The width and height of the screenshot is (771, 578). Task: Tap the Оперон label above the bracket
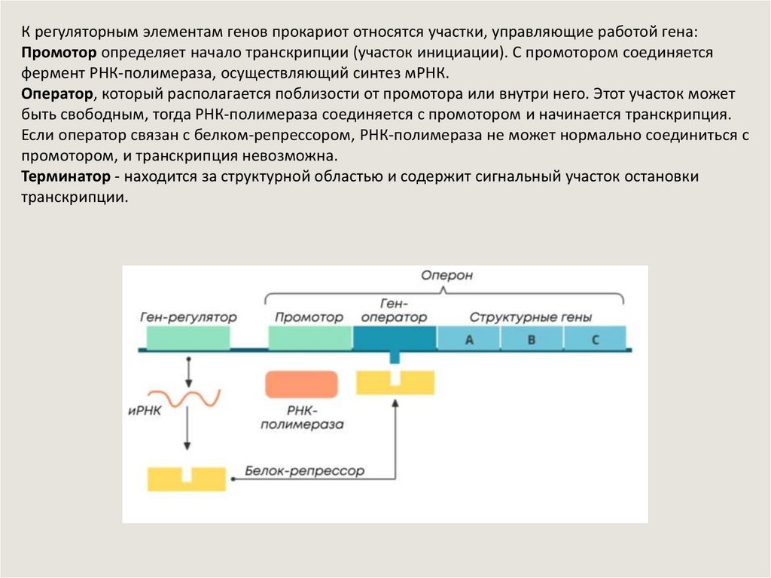[x=446, y=275]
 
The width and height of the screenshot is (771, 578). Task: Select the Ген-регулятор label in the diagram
[x=187, y=317]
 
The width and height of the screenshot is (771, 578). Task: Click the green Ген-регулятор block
[x=187, y=339]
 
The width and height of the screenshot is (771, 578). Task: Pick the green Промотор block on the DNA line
[x=309, y=339]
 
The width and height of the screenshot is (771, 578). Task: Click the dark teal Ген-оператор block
[x=394, y=339]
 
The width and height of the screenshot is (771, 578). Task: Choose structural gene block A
[x=468, y=339]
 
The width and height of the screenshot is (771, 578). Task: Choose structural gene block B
[x=531, y=339]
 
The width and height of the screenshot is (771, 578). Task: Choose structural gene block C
[x=595, y=339]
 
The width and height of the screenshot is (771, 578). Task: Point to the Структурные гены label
[x=530, y=317]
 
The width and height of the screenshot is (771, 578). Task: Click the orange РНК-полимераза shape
[x=300, y=384]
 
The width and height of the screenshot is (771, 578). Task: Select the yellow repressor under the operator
[x=395, y=382]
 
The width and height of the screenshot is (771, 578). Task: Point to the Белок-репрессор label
[x=304, y=471]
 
